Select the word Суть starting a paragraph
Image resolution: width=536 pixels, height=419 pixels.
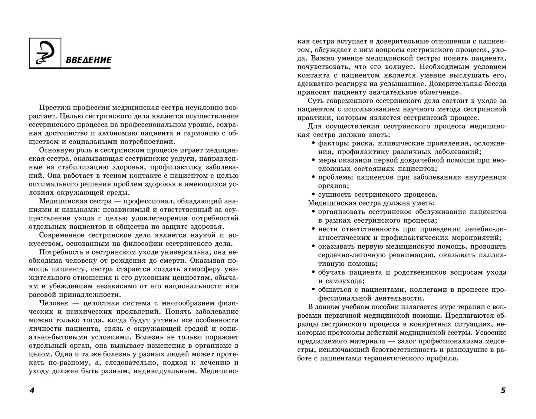coord(315,101)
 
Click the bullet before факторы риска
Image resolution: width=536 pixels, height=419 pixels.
coord(314,143)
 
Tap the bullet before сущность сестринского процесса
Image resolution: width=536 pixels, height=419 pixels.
coord(314,194)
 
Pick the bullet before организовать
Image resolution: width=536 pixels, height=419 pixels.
coord(314,212)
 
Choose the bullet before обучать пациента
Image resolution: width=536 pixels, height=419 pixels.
coord(314,272)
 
